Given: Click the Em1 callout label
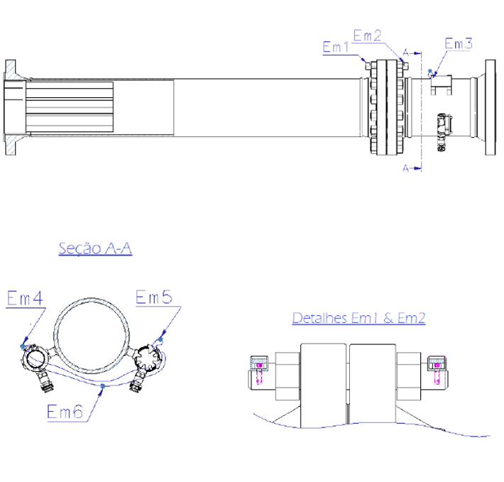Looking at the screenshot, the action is click(x=336, y=47).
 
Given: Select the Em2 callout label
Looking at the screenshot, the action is click(x=367, y=35).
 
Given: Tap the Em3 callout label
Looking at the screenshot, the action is click(x=459, y=43).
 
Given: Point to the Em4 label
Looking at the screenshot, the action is click(x=25, y=297).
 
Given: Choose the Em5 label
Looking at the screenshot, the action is click(x=154, y=297).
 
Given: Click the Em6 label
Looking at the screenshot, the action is click(x=65, y=411).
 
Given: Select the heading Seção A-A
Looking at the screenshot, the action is click(x=95, y=248).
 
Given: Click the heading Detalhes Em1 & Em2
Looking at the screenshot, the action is click(x=358, y=318).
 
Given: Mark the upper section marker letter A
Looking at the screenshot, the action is click(x=406, y=53).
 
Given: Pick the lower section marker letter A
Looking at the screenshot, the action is click(x=406, y=168).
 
